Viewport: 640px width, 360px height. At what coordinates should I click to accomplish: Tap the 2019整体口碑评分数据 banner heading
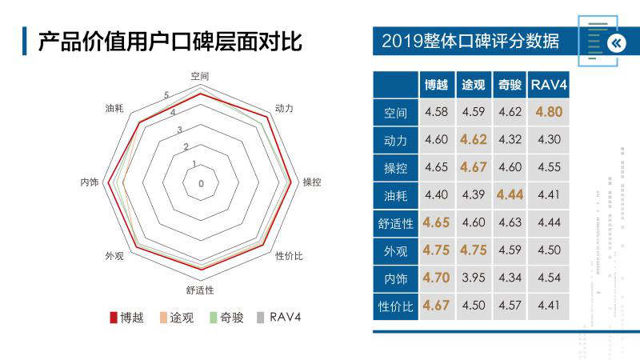(470, 41)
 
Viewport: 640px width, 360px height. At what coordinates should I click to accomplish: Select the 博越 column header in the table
(436, 85)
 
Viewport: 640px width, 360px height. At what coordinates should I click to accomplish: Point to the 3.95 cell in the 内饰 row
(474, 278)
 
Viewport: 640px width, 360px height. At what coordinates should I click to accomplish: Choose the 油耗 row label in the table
(395, 195)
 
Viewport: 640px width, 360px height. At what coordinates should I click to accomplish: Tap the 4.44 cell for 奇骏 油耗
(510, 194)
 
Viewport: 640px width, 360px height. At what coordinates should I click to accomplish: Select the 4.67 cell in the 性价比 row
(436, 305)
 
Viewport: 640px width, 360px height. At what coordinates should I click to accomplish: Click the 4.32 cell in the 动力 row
(510, 140)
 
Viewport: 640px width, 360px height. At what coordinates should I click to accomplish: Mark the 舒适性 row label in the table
(395, 223)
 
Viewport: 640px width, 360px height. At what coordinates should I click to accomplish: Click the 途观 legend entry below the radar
(177, 318)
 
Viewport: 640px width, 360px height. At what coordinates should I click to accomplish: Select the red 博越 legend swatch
(114, 318)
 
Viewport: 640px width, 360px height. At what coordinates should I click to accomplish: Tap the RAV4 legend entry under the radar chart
(278, 318)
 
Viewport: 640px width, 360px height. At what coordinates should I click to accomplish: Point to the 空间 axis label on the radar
(200, 76)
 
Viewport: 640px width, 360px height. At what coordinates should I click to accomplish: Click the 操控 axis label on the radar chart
(312, 182)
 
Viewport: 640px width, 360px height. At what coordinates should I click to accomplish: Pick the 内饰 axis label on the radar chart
(89, 182)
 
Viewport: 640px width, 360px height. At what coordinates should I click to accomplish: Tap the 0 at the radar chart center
(201, 183)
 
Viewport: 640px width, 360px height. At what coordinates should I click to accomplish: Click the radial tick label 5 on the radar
(166, 96)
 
